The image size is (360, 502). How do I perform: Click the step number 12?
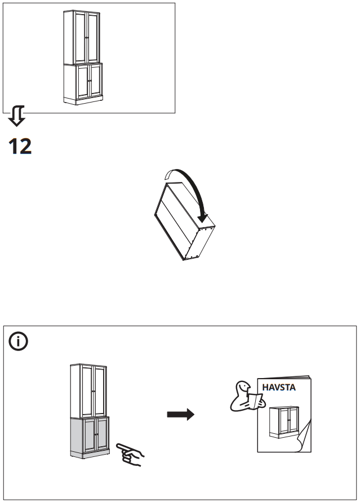(x=20, y=146)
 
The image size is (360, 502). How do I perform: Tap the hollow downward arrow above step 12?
(x=16, y=117)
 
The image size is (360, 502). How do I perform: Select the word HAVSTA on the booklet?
(x=279, y=388)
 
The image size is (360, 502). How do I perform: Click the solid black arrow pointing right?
(x=180, y=415)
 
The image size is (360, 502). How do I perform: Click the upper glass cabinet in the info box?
(x=88, y=390)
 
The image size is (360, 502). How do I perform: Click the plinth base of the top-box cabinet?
(x=83, y=101)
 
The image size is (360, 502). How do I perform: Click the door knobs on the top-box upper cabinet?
(x=86, y=37)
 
